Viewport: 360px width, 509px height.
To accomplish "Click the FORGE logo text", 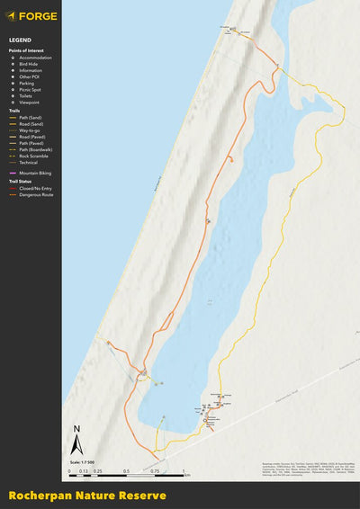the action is [38, 15].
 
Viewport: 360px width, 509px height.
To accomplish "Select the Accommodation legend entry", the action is [35, 58].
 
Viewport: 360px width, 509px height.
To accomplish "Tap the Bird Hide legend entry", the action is [30, 64].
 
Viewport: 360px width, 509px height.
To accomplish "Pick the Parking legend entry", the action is [28, 84].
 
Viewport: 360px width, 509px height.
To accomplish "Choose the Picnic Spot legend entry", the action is [31, 90].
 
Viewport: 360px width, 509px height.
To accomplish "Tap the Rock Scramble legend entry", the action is [33, 156].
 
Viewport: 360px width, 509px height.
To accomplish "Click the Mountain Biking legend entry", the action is [35, 172].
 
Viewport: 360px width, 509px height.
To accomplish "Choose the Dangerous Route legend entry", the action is [36, 194].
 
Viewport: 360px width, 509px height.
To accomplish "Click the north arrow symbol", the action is [76, 442].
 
